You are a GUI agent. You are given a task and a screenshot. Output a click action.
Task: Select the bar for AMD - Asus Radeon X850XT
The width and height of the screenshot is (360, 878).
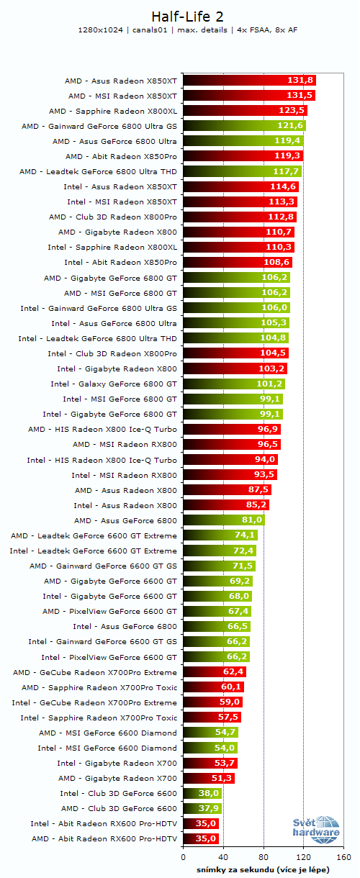point(249,81)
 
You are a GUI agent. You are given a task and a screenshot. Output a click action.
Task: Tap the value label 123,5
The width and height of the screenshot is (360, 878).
point(292,111)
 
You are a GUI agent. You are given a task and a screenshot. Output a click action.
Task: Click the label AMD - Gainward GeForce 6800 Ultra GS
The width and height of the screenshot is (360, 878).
point(99,126)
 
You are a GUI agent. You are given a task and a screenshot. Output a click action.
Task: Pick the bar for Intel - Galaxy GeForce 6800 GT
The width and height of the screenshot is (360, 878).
point(234,384)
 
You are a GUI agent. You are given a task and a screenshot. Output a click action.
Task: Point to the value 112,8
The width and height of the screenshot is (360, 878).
point(281,217)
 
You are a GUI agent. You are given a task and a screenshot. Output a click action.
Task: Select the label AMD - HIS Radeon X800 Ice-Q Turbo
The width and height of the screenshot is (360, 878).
point(102,429)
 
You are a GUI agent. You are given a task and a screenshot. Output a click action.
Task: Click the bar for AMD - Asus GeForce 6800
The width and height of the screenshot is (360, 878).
point(224,520)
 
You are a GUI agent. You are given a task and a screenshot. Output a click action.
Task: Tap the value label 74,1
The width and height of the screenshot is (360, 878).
point(244,535)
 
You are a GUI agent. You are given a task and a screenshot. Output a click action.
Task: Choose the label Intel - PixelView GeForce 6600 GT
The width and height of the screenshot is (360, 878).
point(109,656)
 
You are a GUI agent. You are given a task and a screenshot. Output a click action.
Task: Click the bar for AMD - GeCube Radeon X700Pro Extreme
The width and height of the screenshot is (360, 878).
point(215,672)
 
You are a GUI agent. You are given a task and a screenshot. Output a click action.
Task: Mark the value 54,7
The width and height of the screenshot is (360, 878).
point(225,733)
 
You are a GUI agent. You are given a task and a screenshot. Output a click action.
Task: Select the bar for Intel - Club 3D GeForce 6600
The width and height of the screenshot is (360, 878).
point(202,793)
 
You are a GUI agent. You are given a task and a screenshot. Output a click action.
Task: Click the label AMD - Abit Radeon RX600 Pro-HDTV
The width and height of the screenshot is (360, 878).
point(104,838)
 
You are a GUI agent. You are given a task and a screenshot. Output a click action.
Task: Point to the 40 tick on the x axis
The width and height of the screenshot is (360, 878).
point(223,857)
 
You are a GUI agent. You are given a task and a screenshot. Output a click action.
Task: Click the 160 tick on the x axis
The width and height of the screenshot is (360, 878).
point(343,857)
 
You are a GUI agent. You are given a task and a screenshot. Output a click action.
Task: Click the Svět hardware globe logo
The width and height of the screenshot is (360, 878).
point(317,828)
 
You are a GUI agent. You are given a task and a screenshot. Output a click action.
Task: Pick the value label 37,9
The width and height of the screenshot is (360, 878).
point(208,808)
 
